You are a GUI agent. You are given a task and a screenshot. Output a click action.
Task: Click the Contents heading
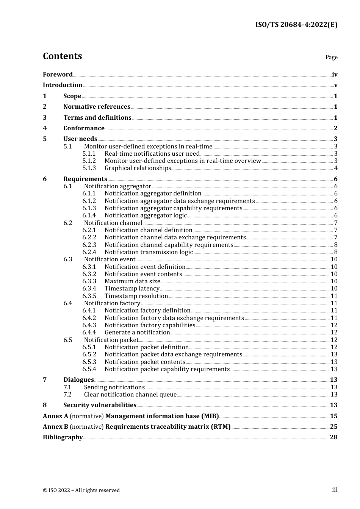point(62,56)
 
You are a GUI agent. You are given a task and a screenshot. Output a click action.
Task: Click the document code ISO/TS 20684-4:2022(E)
point(296,25)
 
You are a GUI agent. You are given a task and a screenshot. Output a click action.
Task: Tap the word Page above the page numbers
point(331,57)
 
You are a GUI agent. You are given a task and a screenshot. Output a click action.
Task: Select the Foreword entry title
point(58,75)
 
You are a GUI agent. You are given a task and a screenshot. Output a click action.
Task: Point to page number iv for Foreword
point(334,75)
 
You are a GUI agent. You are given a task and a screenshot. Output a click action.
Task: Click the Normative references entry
point(97,107)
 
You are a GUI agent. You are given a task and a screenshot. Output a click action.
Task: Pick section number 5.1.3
point(89,168)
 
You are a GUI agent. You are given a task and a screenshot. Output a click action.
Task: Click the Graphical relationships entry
point(138,168)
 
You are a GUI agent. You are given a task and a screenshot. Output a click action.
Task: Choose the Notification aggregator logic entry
point(146,215)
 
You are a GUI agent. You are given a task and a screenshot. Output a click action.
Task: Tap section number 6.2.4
point(89,252)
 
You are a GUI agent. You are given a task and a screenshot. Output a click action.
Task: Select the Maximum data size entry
point(132,281)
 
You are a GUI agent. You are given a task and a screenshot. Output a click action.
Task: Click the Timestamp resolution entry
point(136,296)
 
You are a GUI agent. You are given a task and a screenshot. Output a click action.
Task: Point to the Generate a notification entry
point(137,333)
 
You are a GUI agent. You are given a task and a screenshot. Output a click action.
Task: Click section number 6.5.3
point(89,362)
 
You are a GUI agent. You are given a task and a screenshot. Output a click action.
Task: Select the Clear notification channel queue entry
point(130,395)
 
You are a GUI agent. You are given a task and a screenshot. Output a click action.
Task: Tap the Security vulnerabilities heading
point(100,405)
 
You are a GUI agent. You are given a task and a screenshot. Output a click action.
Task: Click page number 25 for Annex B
point(333,427)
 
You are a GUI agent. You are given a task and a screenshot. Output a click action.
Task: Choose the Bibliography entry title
point(63,437)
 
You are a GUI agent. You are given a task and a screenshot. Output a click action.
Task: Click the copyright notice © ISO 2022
point(81,490)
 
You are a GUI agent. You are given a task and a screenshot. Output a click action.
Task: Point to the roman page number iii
point(335,490)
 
